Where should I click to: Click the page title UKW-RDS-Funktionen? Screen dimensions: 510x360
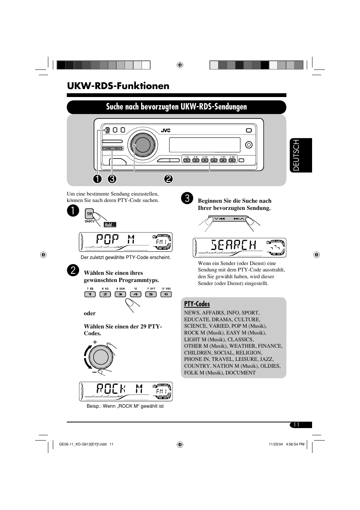pyautogui.click(x=118, y=86)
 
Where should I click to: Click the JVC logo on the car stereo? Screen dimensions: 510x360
pyautogui.click(x=166, y=131)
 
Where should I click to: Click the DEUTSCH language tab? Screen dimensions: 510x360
pyautogui.click(x=301, y=155)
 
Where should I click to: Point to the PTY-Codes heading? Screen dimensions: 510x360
pyautogui.click(x=197, y=304)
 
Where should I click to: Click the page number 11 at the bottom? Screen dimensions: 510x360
pyautogui.click(x=296, y=425)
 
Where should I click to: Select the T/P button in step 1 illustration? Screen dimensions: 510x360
pyautogui.click(x=89, y=214)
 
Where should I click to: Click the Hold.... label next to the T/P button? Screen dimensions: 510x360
pyautogui.click(x=110, y=225)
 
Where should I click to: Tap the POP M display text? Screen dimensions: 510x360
pyautogui.click(x=115, y=240)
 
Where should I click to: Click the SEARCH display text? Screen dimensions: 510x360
pyautogui.click(x=234, y=246)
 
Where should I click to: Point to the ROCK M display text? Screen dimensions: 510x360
pyautogui.click(x=119, y=389)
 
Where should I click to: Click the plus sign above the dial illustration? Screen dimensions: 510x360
pyautogui.click(x=95, y=342)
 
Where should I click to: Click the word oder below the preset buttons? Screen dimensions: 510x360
pyautogui.click(x=90, y=313)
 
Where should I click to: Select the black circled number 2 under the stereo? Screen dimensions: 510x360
pyautogui.click(x=168, y=179)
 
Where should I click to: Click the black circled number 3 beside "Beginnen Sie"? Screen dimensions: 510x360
pyautogui.click(x=187, y=199)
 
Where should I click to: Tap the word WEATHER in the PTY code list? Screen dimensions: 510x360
pyautogui.click(x=242, y=346)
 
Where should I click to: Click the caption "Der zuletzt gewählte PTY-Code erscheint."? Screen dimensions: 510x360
pyautogui.click(x=126, y=257)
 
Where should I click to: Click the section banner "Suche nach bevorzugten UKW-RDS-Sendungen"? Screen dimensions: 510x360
pyautogui.click(x=176, y=107)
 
